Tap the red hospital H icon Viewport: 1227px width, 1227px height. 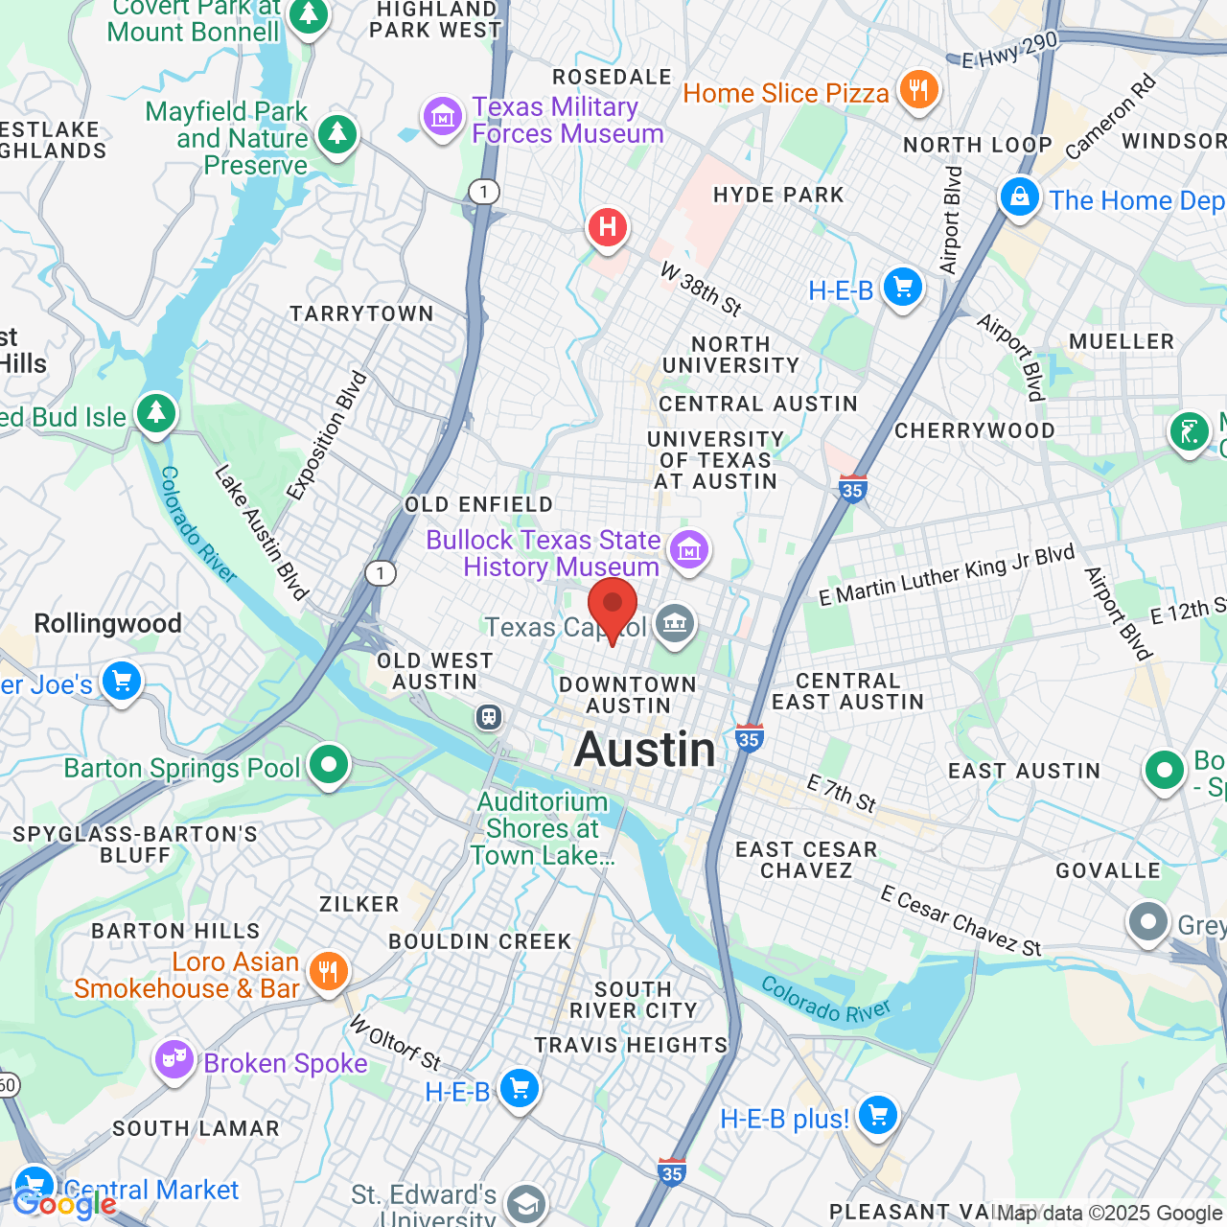tap(607, 228)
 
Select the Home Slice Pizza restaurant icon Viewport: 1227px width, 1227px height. tap(919, 91)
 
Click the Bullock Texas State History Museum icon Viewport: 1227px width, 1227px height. tap(689, 550)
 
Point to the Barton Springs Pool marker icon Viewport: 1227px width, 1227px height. tap(329, 766)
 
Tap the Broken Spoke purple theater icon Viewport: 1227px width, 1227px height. tap(174, 1061)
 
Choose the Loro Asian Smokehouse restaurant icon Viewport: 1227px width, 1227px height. tap(328, 972)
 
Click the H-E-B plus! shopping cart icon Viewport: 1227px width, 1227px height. tap(877, 1115)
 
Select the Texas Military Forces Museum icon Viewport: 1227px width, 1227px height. tap(443, 118)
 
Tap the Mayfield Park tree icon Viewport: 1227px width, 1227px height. tap(336, 134)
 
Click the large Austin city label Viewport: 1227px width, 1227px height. tap(645, 750)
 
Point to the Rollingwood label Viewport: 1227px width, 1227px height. tap(108, 624)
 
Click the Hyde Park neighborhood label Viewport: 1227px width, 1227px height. tap(778, 195)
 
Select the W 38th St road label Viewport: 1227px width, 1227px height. tap(702, 289)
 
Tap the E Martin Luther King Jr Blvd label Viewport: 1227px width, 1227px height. tap(946, 575)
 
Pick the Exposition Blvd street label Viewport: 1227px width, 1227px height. tap(327, 435)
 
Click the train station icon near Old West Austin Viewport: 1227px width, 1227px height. tap(489, 716)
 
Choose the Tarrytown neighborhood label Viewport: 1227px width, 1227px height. tap(361, 313)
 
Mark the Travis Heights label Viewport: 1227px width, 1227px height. tap(631, 1045)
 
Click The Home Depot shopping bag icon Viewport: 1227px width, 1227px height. tap(1019, 197)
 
